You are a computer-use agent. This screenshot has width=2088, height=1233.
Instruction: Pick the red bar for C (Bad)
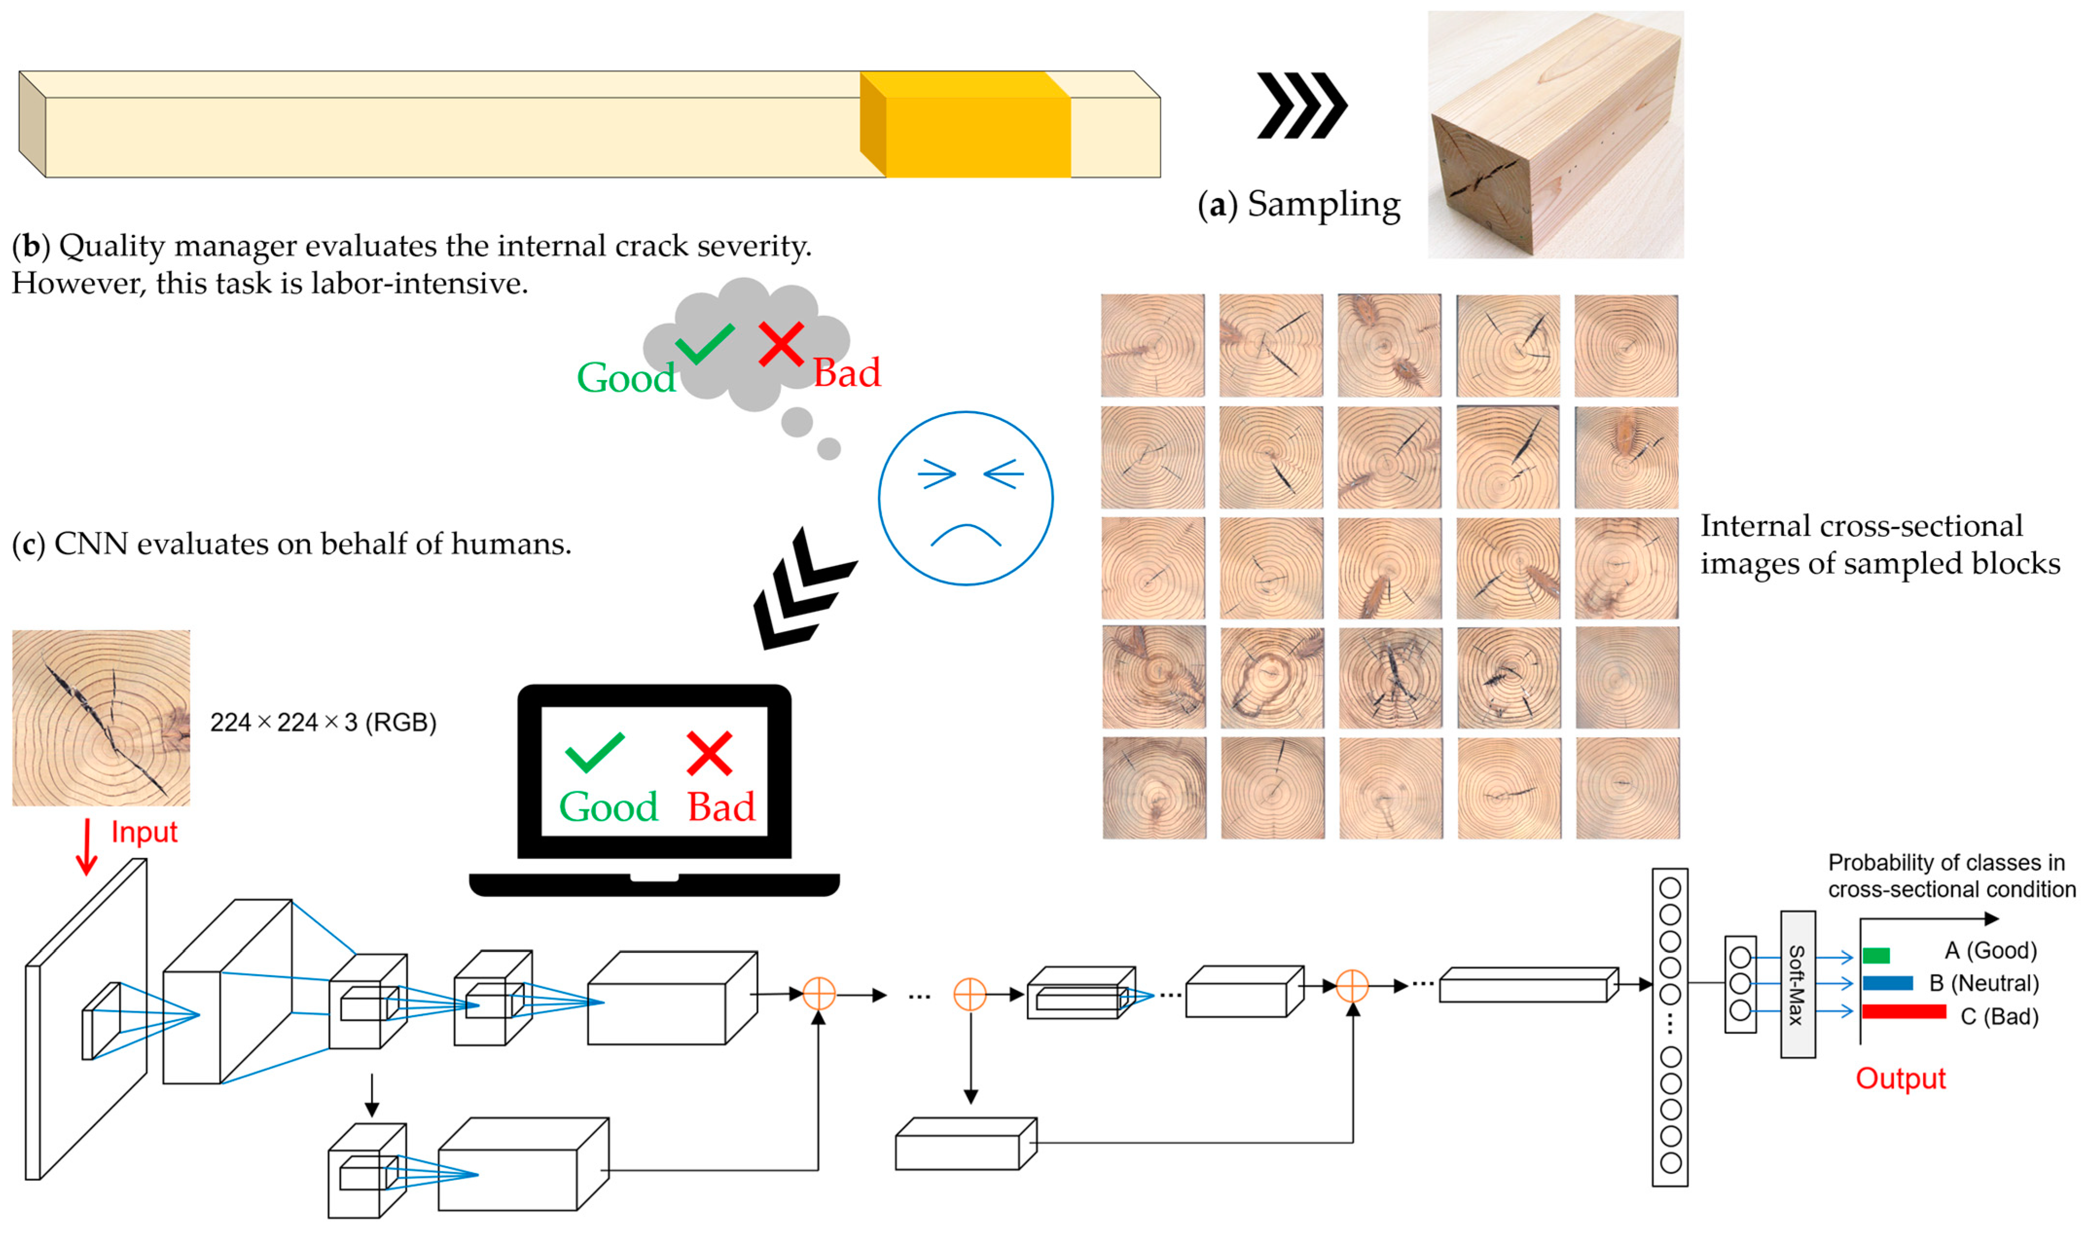click(x=1904, y=1011)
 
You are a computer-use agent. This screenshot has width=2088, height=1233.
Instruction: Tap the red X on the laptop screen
click(x=709, y=753)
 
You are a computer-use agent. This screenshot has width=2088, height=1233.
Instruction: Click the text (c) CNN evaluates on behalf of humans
click(x=291, y=544)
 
